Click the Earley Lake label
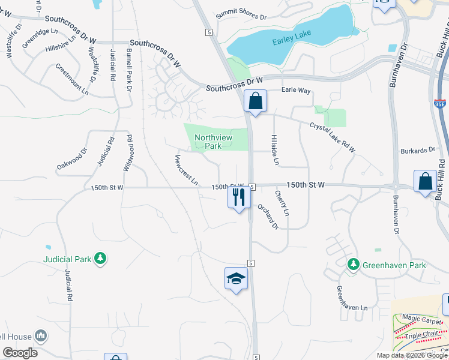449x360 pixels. coord(292,41)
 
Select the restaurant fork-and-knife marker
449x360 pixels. coord(238,197)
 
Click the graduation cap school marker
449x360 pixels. coord(237,278)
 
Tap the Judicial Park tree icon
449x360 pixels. coord(101,259)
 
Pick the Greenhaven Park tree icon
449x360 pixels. coord(354,264)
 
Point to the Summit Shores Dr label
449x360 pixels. coord(241,14)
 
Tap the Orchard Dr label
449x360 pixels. coord(268,216)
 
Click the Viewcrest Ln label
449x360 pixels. coord(186,170)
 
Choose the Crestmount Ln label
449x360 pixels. coord(72,80)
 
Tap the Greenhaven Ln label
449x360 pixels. coord(351,298)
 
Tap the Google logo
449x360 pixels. coord(20,353)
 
